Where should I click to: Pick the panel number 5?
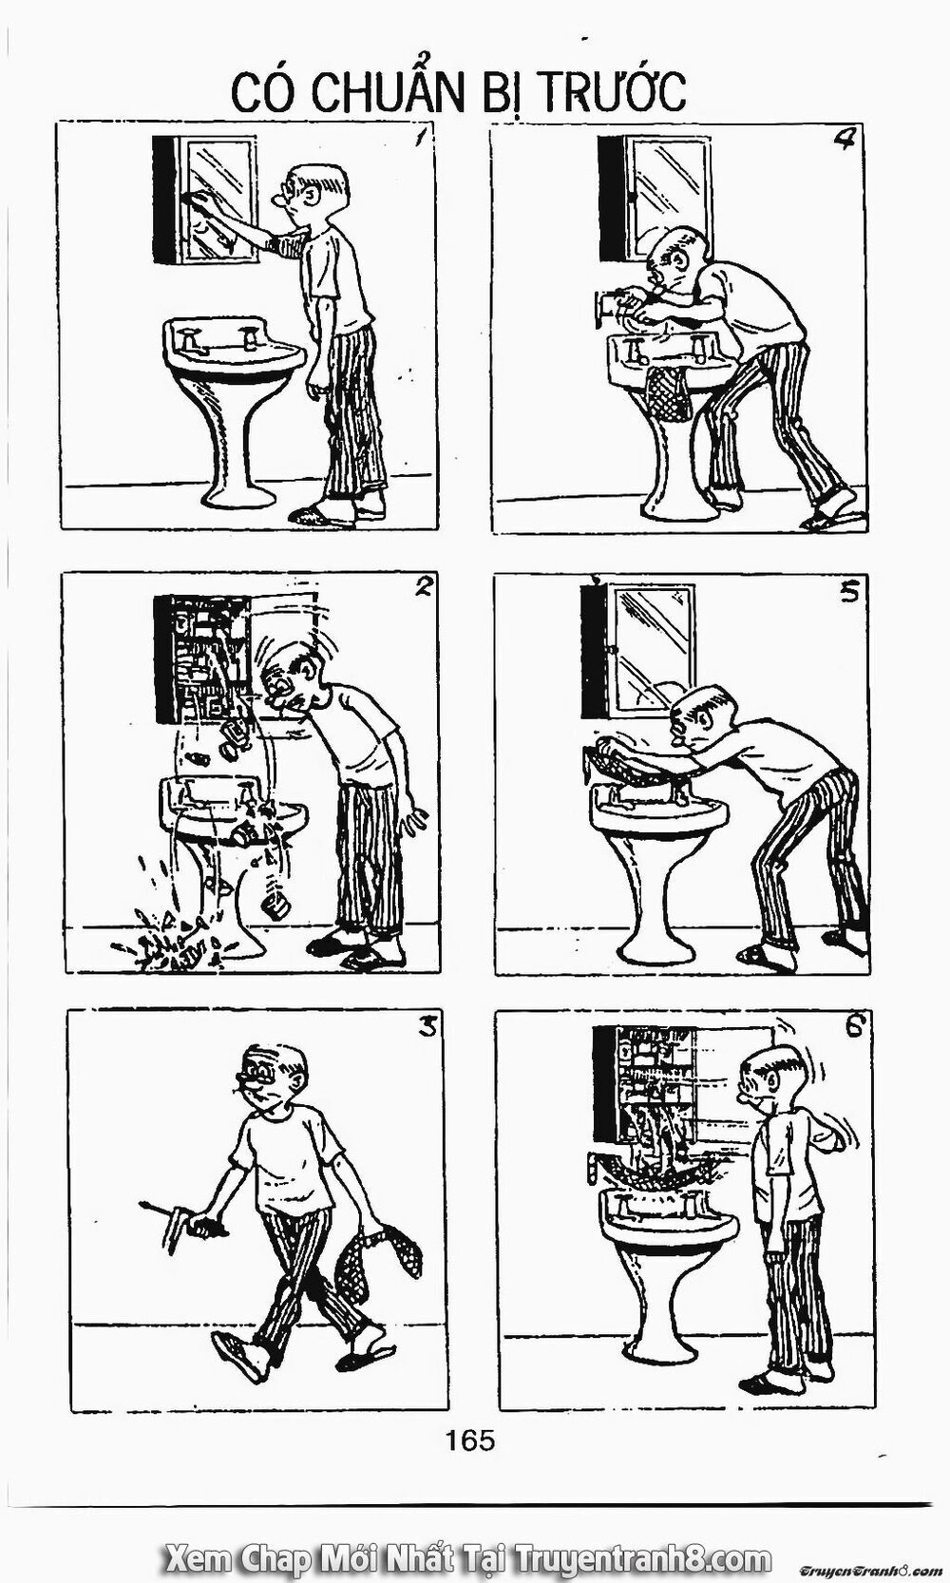click(x=848, y=592)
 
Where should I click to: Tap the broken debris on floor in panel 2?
click(x=176, y=941)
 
